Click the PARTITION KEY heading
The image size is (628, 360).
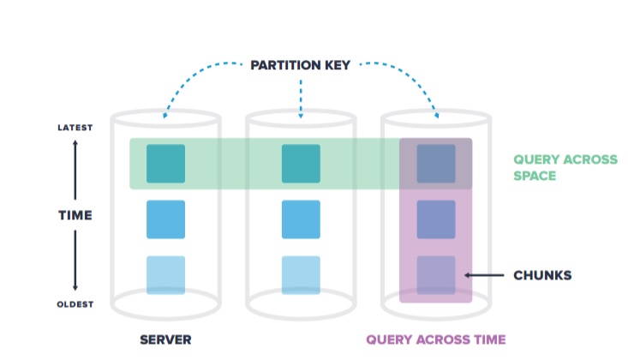[x=301, y=65]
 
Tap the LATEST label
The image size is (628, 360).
[x=75, y=128]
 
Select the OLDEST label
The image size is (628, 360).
[x=75, y=304]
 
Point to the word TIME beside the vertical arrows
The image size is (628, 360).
[x=75, y=215]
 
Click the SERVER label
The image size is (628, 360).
[x=165, y=339]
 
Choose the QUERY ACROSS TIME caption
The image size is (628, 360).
[x=436, y=339]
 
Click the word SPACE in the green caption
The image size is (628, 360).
[x=535, y=176]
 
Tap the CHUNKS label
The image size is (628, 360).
[x=542, y=275]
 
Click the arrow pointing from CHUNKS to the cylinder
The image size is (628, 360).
[x=484, y=275]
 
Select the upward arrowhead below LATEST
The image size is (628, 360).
[x=75, y=143]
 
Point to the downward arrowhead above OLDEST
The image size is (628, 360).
[x=75, y=287]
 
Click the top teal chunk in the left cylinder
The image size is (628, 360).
[x=166, y=164]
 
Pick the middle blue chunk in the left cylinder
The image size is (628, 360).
[x=166, y=219]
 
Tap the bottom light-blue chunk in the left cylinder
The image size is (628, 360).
[x=166, y=275]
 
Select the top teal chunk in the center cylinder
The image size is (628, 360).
[x=301, y=164]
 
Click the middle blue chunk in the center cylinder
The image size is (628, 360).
[x=301, y=219]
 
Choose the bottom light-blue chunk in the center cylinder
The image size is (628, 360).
[x=301, y=275]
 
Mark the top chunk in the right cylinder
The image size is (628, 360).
[x=436, y=164]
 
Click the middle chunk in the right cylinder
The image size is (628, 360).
[x=436, y=219]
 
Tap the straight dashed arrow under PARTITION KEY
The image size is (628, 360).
[x=301, y=99]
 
